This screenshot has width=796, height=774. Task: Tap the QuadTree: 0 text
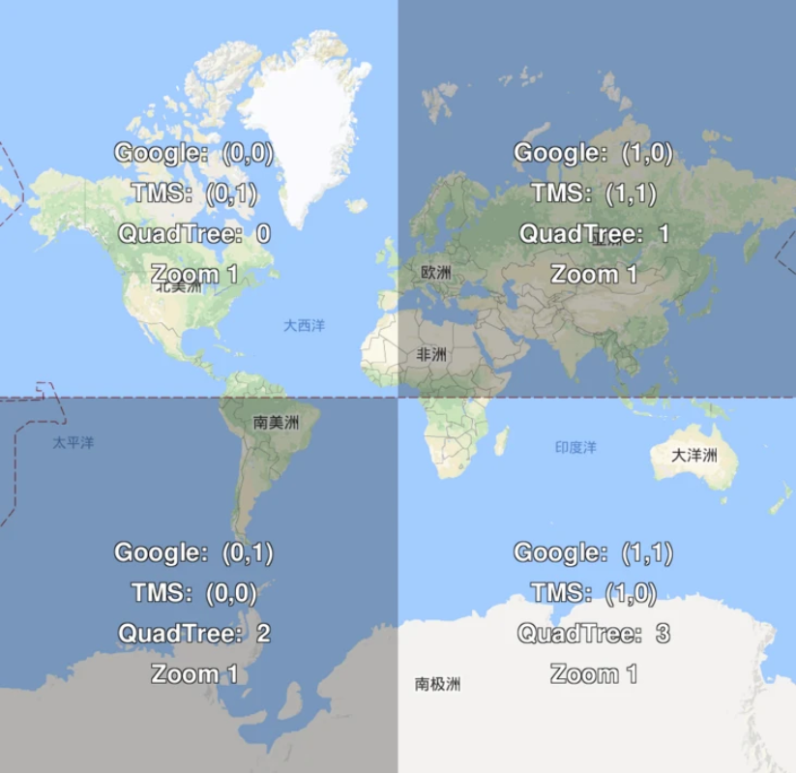193,233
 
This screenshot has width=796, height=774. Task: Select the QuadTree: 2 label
193,634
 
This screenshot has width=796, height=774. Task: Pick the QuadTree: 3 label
593,634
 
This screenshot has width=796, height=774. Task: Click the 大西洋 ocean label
304,326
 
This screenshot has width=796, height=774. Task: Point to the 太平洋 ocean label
74,443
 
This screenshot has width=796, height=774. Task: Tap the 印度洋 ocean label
575,448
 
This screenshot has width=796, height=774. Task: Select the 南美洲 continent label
277,422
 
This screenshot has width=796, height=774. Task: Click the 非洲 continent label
431,355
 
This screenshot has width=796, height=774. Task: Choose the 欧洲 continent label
436,273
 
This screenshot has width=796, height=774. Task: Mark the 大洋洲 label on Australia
694,455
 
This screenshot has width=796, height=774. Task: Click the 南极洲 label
437,685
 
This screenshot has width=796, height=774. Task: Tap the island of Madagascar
502,442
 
